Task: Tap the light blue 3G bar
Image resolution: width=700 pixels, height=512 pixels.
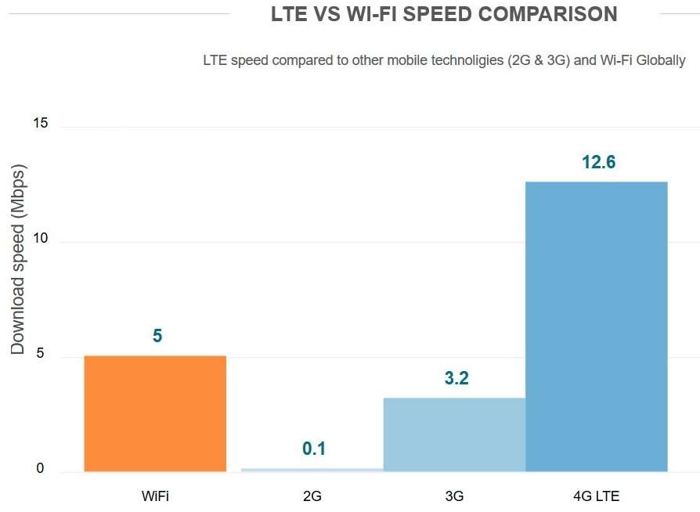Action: point(454,434)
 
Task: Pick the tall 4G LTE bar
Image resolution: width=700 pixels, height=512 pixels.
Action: point(596,326)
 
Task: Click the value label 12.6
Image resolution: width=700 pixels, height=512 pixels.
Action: point(598,163)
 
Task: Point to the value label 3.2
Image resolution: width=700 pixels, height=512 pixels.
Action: point(456,379)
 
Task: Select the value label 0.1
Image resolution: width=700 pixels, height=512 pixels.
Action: point(314,449)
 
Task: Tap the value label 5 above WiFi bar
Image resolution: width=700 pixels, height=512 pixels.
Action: point(157,336)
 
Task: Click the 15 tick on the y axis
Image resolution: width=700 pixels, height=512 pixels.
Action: point(41,124)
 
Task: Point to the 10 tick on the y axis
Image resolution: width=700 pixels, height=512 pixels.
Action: point(41,240)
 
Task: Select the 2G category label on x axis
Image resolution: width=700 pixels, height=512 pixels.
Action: point(312,496)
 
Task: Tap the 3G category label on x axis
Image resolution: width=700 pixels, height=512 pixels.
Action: point(454,496)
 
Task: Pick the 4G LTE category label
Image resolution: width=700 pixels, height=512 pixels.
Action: point(596,496)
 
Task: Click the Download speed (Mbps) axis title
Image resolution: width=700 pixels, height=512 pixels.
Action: point(19,259)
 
